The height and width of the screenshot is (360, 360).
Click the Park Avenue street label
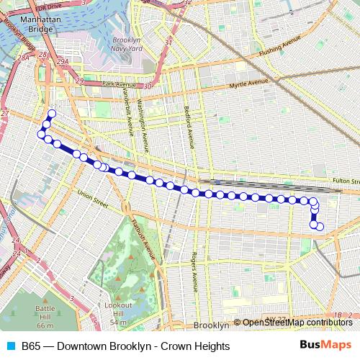[x=119, y=85]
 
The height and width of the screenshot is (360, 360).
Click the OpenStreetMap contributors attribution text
[x=297, y=322]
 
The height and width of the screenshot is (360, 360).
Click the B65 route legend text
[x=125, y=346]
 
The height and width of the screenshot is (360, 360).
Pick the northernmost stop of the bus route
[x=52, y=114]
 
